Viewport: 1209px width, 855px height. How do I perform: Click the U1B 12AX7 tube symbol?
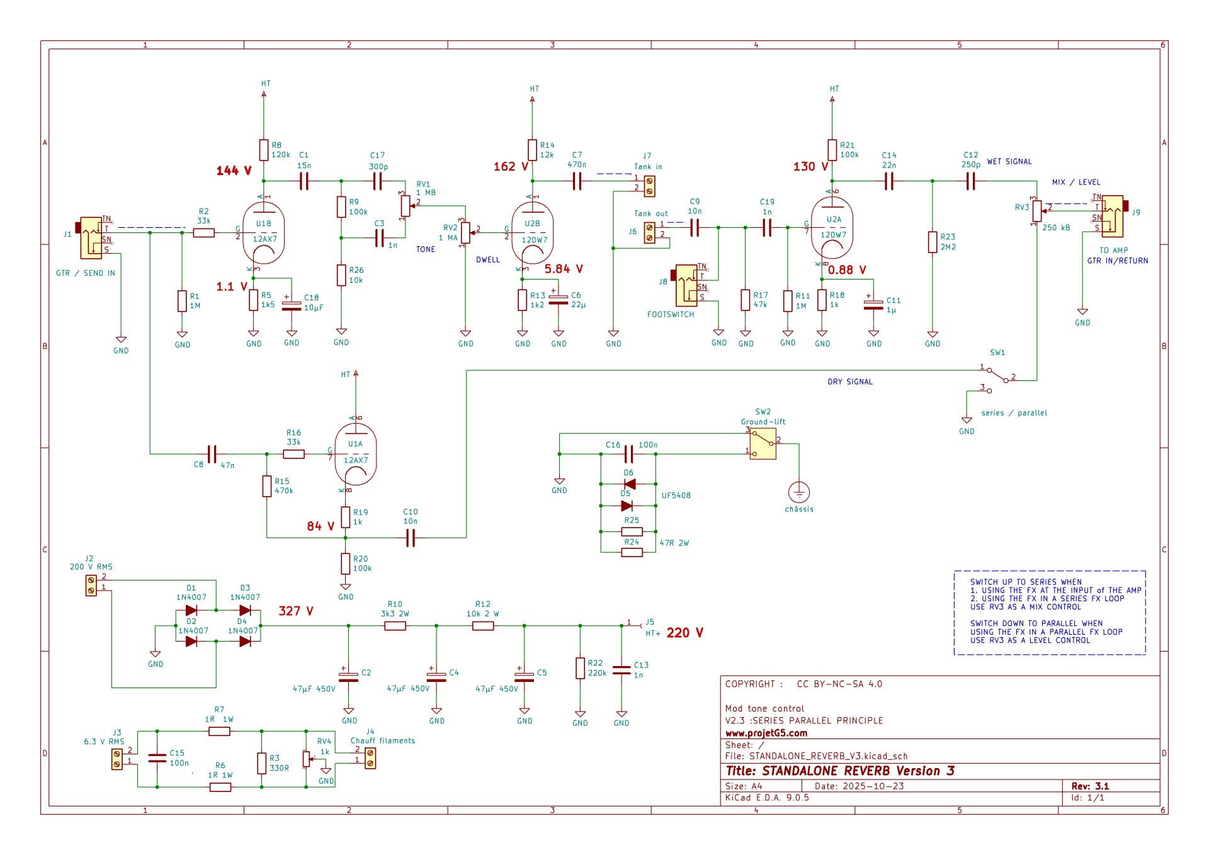click(264, 233)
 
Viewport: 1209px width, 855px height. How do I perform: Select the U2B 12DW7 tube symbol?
click(533, 233)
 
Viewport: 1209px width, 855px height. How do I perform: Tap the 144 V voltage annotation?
click(234, 171)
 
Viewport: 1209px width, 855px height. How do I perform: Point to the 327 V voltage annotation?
click(296, 611)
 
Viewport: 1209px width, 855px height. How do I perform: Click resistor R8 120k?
click(264, 150)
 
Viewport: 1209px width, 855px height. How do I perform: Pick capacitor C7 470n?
click(577, 181)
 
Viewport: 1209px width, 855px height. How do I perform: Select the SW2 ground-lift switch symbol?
click(763, 444)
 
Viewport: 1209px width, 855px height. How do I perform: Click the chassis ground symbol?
click(798, 492)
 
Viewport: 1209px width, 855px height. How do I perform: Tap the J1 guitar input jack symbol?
click(91, 237)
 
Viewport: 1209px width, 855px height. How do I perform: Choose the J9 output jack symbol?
click(1113, 215)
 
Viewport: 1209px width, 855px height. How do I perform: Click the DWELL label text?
click(488, 260)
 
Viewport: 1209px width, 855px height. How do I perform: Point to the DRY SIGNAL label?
click(850, 382)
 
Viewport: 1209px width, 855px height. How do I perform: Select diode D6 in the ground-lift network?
click(629, 484)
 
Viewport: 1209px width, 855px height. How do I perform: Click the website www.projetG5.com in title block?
click(766, 733)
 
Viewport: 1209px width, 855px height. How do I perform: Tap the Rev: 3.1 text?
click(1090, 786)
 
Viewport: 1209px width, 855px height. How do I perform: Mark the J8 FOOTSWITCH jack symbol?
click(686, 285)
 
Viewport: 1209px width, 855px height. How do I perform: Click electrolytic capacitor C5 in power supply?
click(524, 677)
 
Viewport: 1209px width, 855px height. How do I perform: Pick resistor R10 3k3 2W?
click(395, 626)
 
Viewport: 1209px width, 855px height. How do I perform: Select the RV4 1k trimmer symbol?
click(307, 759)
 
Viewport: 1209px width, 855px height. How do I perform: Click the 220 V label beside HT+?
click(684, 633)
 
